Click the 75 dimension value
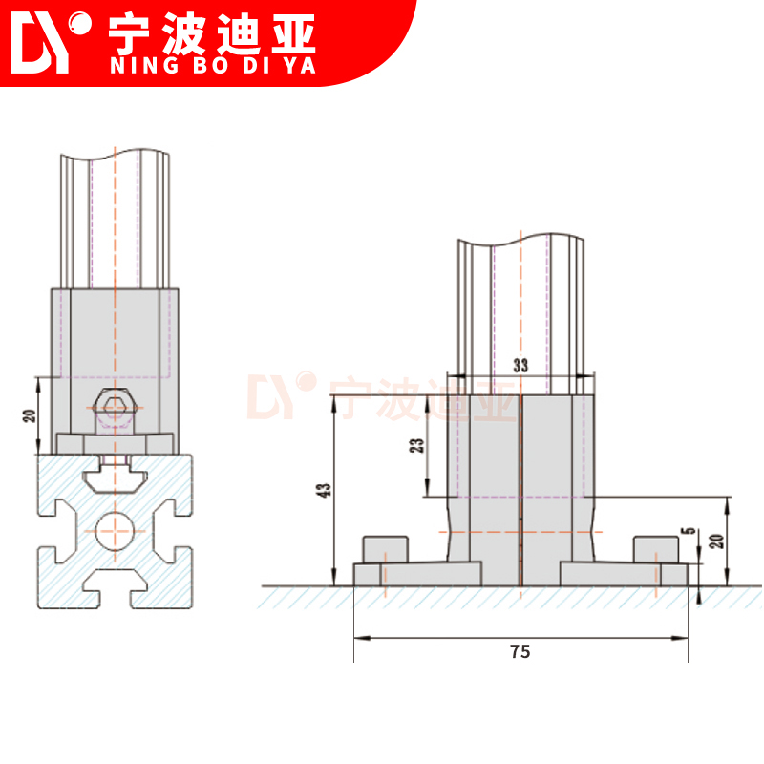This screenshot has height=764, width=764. click(x=520, y=652)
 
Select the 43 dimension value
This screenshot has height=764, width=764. click(x=326, y=491)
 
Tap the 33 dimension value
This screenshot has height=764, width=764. click(x=520, y=366)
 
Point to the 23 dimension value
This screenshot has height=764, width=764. click(x=415, y=447)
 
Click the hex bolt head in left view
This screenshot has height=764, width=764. click(x=115, y=408)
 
